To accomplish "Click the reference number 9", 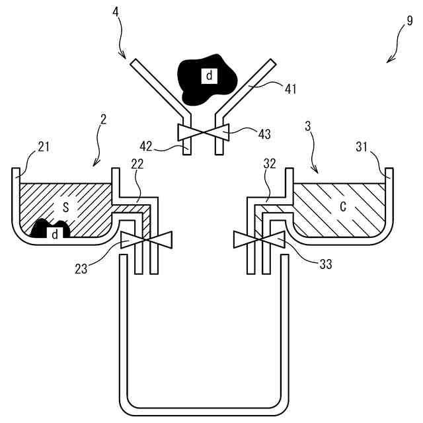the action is tap(409, 20).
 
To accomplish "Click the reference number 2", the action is tap(103, 119).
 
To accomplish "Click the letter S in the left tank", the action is tap(65, 207).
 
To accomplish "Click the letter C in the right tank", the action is tap(342, 207).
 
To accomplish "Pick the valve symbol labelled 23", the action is tap(147, 240).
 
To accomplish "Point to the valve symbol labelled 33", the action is tap(259, 239).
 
